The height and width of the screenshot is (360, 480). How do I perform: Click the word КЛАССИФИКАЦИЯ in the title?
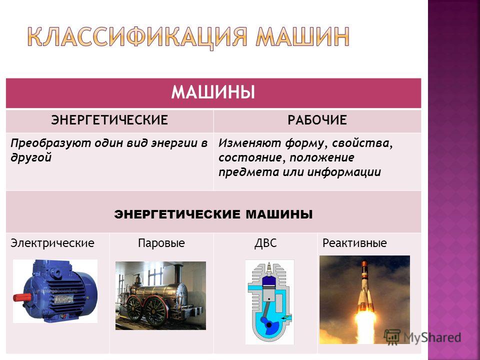[137, 37]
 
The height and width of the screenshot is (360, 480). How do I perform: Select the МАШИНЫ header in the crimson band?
[213, 92]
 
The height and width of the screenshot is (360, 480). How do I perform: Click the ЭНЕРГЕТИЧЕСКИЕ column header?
[109, 120]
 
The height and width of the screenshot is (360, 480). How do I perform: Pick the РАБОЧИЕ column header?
[317, 120]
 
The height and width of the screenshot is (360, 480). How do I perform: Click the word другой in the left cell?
[31, 157]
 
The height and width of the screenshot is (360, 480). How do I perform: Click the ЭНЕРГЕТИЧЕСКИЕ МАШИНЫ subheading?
[213, 214]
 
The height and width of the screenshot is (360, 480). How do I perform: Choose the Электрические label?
[52, 243]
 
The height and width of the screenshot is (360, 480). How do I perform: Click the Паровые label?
[161, 243]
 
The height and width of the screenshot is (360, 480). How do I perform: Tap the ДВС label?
[265, 243]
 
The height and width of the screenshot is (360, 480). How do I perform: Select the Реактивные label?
[354, 243]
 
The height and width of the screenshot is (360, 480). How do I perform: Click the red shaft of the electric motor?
[22, 297]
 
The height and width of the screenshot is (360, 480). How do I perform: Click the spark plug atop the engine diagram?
[269, 268]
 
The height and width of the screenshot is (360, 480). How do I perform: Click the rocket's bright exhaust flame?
[365, 324]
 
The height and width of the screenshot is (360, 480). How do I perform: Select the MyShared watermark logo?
[422, 337]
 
